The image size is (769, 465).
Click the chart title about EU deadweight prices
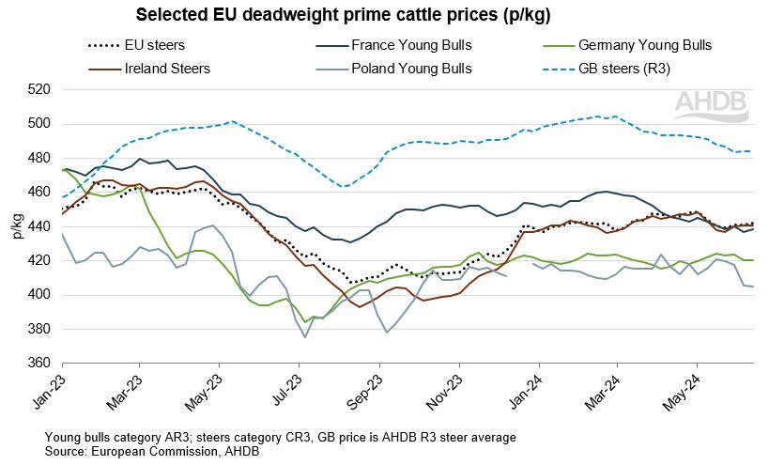344,16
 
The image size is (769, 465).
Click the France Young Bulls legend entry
410,45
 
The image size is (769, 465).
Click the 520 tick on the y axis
40,90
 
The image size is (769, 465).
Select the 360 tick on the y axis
40,364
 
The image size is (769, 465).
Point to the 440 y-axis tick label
40,226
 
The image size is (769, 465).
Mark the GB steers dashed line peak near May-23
232,121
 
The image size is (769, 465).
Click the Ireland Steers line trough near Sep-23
360,307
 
